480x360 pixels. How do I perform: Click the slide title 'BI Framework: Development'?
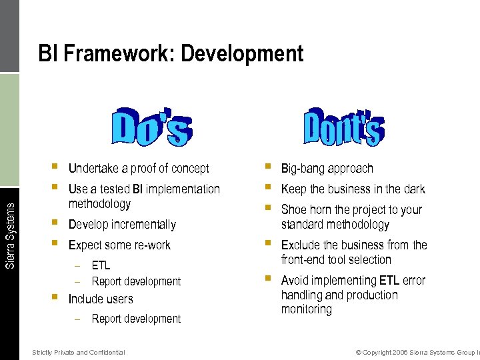coord(171,53)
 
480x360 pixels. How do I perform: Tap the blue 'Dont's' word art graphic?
coord(343,125)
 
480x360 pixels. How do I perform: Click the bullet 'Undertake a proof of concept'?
coord(139,169)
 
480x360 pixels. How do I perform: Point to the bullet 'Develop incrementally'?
coord(122,225)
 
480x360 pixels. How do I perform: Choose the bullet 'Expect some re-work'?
coord(119,245)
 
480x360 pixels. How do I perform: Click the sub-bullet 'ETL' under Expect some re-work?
coord(101,265)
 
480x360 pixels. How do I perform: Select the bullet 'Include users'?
coord(101,299)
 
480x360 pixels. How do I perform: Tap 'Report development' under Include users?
coord(136,319)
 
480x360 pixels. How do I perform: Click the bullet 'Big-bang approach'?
coord(327,169)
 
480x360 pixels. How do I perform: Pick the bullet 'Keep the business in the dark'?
coord(353,189)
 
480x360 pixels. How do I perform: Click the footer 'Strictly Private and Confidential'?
coord(78,352)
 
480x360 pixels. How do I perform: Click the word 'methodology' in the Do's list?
coord(99,204)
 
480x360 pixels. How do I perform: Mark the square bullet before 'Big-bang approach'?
coord(267,167)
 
